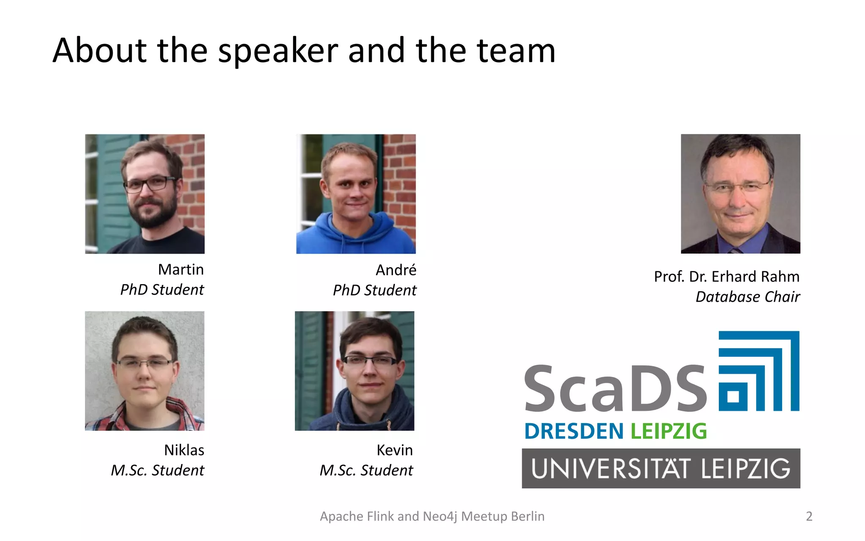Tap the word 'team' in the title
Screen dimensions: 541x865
[x=516, y=51]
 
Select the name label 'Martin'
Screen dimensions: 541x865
[x=181, y=270]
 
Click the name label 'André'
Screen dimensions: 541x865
[x=396, y=270]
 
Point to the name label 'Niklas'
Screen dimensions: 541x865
[x=184, y=450]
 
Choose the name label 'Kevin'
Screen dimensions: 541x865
[x=394, y=450]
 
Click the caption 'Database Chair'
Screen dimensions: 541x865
[x=748, y=297]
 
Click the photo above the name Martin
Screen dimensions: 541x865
[x=145, y=194]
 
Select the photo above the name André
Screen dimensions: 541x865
[x=356, y=194]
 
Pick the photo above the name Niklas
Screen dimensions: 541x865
[x=145, y=371]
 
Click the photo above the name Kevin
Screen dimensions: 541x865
[x=355, y=371]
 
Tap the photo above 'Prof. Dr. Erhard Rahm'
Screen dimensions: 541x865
[x=740, y=194]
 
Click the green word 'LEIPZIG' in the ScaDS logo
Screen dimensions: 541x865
[x=669, y=432]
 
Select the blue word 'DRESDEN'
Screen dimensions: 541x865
[x=574, y=432]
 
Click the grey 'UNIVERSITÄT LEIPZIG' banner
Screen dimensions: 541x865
[x=661, y=468]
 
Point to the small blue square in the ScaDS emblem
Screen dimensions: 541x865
[x=733, y=396]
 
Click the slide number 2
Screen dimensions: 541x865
[x=809, y=516]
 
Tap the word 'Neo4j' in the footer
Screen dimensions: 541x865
[x=440, y=516]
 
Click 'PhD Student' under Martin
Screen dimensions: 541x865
[x=162, y=290]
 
